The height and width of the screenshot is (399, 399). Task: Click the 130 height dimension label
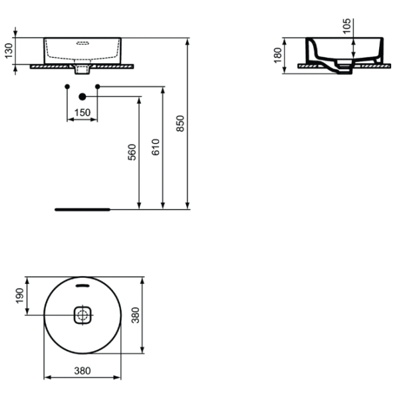point(9,51)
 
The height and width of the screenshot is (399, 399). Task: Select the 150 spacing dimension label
point(82,112)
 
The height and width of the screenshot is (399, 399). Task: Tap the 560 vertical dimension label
point(132,152)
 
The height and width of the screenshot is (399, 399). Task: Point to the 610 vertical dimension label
point(155,147)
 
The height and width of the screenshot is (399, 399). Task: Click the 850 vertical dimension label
point(180,124)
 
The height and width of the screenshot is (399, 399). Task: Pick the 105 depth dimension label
point(346,26)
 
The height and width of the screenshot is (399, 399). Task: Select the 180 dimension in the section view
point(277,55)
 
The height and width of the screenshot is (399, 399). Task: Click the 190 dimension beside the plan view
point(19,296)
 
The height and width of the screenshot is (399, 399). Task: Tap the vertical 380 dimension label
point(136,315)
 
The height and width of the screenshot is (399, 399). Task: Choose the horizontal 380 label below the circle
point(82,371)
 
